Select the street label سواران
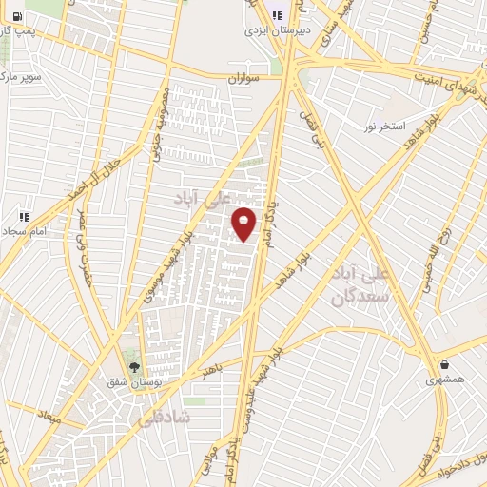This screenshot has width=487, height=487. [x=243, y=78]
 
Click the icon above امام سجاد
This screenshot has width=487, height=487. [x=23, y=217]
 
